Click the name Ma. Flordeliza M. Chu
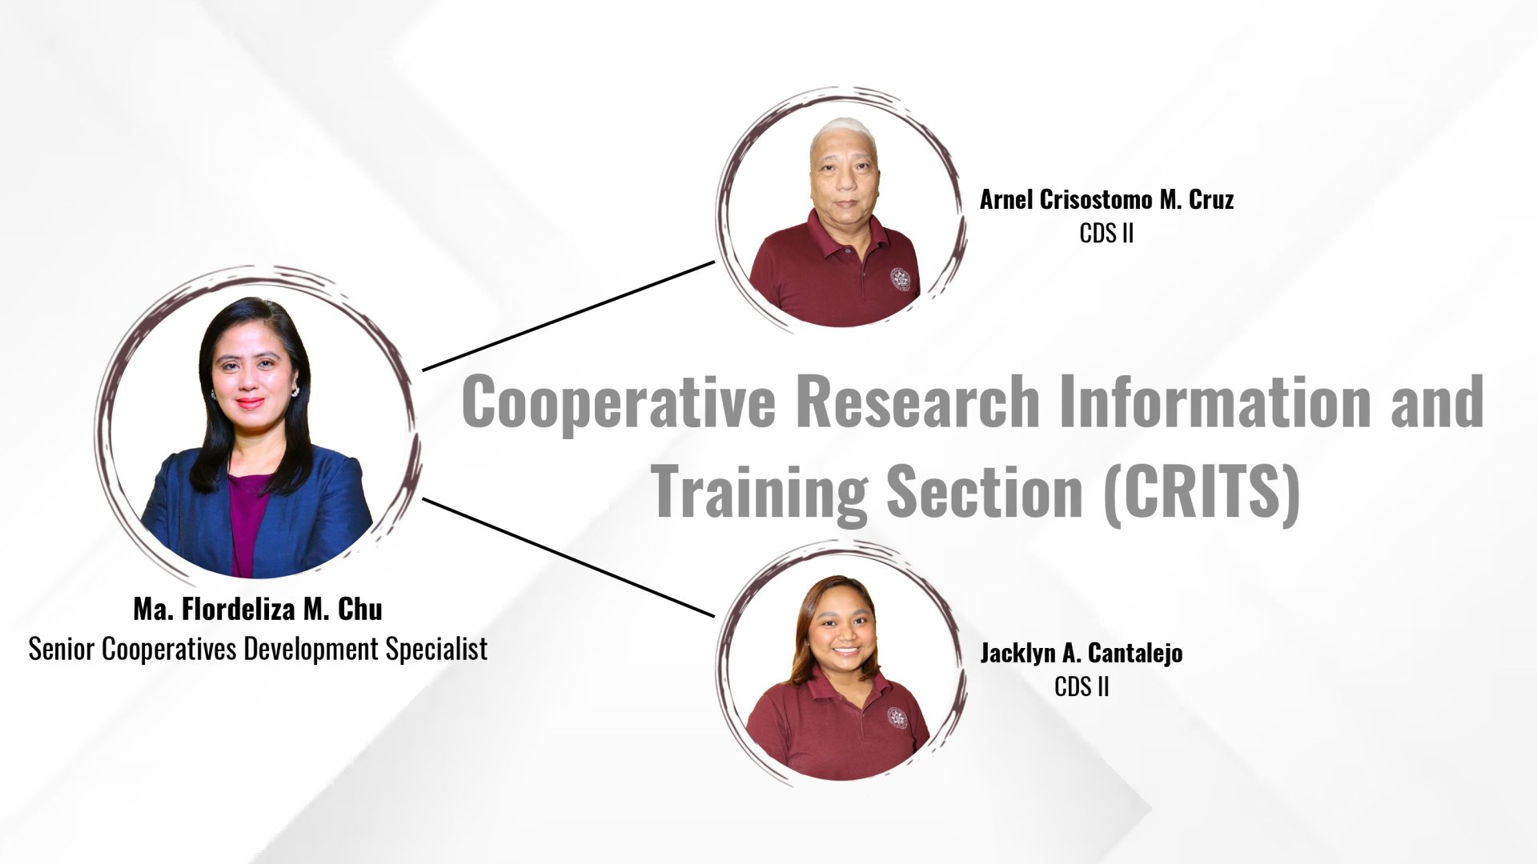pyautogui.click(x=258, y=610)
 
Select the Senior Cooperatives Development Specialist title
pyautogui.click(x=258, y=649)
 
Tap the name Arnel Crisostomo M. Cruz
pyautogui.click(x=1106, y=199)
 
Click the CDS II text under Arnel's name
pyautogui.click(x=1106, y=234)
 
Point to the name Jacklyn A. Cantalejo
pyautogui.click(x=1082, y=654)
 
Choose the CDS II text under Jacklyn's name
pyautogui.click(x=1082, y=687)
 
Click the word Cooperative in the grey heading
pyautogui.click(x=619, y=402)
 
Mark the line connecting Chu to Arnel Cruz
pyautogui.click(x=568, y=315)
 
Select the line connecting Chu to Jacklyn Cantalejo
pyautogui.click(x=568, y=558)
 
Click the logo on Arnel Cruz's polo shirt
pyautogui.click(x=901, y=279)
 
